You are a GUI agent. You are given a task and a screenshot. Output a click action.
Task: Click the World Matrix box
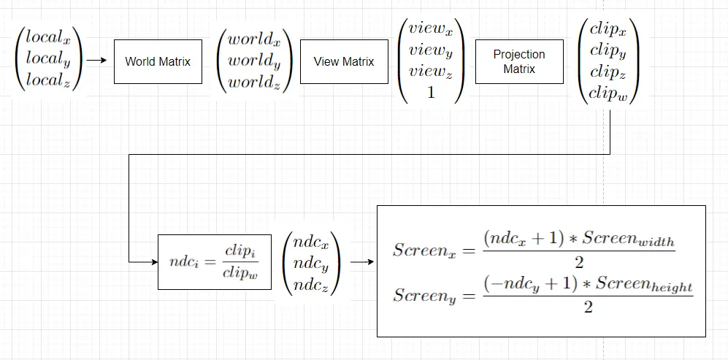(158, 62)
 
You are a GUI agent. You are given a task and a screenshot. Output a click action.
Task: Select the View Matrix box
(344, 62)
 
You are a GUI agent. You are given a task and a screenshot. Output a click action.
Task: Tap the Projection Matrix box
(519, 62)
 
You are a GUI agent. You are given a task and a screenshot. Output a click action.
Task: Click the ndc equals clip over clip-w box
(215, 262)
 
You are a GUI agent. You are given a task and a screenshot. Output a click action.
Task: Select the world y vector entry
(255, 61)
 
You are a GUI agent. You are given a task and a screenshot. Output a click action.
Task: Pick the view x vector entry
(430, 30)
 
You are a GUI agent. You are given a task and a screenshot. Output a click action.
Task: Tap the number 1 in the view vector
(431, 93)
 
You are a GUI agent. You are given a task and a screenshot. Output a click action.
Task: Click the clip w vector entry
(609, 93)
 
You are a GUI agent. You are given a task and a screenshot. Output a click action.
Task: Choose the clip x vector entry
(609, 30)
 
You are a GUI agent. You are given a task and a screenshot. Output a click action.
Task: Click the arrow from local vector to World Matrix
(96, 62)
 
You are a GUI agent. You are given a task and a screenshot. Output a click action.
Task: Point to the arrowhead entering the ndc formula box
(154, 261)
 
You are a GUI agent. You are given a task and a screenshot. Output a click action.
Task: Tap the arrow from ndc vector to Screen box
(359, 261)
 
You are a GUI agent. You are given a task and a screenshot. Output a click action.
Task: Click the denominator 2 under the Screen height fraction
(588, 307)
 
